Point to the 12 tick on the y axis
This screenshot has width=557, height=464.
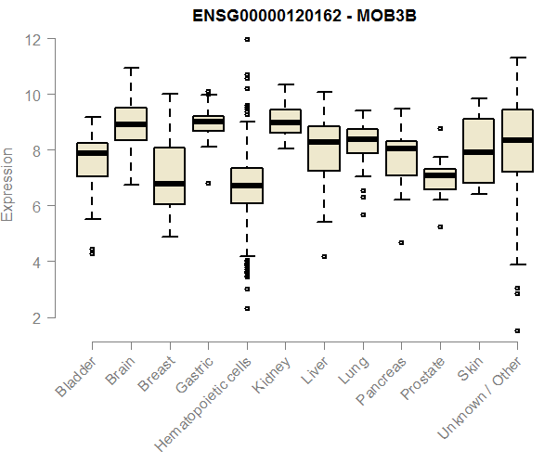[33, 39]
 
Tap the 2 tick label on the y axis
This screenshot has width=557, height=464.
[33, 318]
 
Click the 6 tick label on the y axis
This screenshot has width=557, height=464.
[33, 206]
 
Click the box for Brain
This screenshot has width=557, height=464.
[131, 124]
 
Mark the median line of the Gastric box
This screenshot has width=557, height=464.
[208, 122]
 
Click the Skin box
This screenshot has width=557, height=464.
[478, 150]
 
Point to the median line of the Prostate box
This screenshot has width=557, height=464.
[439, 175]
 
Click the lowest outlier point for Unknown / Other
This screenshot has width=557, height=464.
[517, 330]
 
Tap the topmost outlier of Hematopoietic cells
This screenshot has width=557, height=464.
[247, 40]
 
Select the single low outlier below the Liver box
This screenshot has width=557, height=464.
[324, 256]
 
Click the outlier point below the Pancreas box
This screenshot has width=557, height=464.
[401, 242]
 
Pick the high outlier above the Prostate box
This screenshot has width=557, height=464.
[440, 128]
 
